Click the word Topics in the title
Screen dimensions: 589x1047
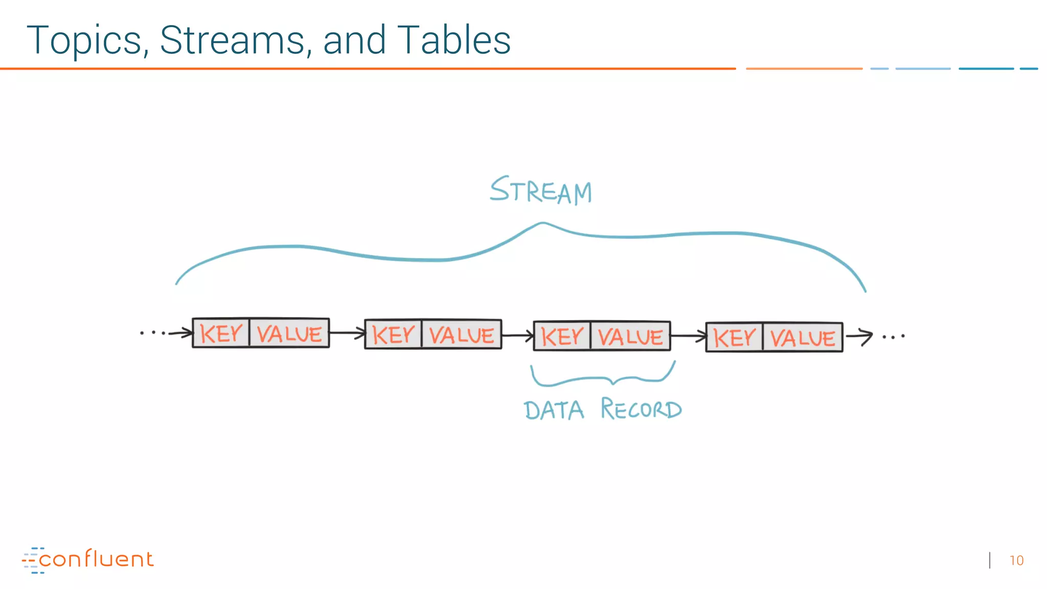tap(84, 41)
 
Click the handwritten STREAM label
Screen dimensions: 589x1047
tap(541, 191)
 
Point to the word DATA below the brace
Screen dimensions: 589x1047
tap(554, 410)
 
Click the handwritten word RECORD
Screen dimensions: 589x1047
tap(641, 409)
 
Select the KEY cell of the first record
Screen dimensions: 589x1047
tap(221, 333)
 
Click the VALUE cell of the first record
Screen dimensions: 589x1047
tap(289, 334)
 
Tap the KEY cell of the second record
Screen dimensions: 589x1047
tap(393, 335)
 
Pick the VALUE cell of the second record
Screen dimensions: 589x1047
tap(462, 335)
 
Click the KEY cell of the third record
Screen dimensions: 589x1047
tap(562, 336)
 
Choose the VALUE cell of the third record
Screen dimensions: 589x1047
tap(630, 337)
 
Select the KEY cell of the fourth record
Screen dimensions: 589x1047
tap(734, 337)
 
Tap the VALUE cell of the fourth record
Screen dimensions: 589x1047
tap(803, 338)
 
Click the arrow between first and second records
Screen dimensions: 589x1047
tap(347, 333)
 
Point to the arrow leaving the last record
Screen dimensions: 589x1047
tap(859, 336)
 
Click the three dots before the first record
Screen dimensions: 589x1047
tap(152, 333)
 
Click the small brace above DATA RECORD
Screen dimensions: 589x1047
tap(603, 377)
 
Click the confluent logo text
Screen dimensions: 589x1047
tap(96, 559)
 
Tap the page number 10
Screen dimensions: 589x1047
tap(1016, 561)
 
